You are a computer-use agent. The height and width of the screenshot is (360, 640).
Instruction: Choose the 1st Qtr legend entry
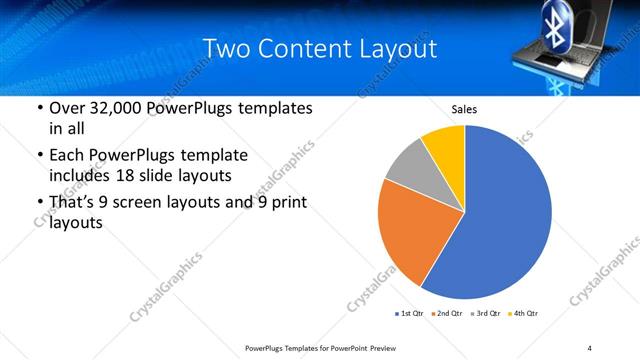[409, 314]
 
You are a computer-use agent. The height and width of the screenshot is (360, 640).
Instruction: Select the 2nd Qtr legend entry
[446, 314]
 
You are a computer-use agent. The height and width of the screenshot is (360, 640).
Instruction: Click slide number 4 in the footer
[590, 347]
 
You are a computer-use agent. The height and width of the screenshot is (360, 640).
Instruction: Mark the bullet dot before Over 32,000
[38, 108]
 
